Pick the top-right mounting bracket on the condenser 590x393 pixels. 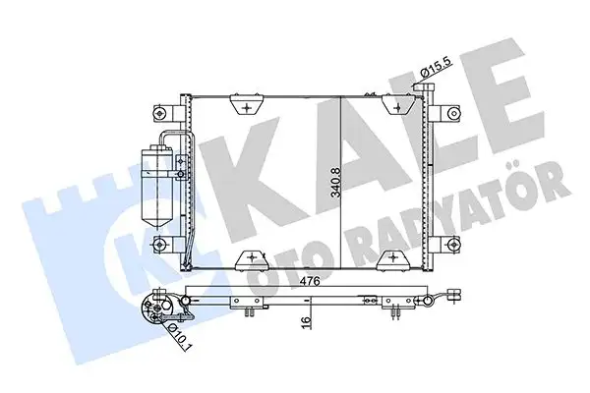tap(400, 104)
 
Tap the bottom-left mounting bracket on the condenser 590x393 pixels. tap(252, 258)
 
